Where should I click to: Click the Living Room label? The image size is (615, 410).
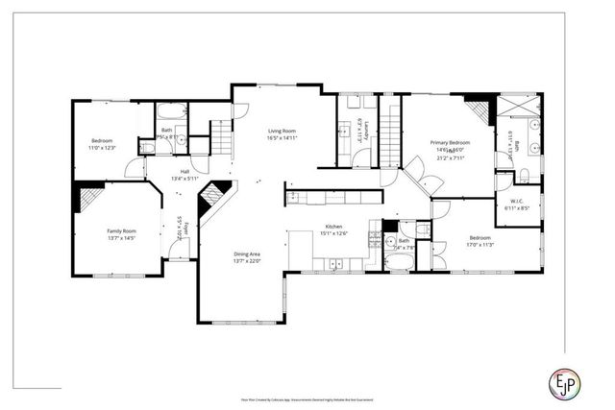[x=282, y=131]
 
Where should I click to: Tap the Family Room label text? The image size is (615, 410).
[x=121, y=231]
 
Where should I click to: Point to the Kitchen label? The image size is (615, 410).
[x=333, y=229]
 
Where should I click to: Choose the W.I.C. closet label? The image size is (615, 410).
[x=515, y=201]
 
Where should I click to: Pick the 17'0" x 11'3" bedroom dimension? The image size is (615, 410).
[x=481, y=244]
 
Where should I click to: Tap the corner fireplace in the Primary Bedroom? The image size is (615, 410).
[x=477, y=105]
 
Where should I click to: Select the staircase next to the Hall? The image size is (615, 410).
[x=221, y=140]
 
